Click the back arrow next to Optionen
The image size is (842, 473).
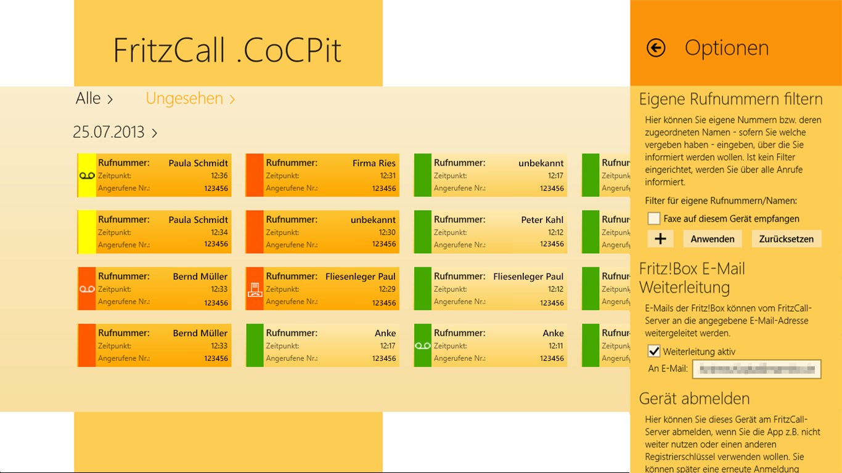(x=656, y=48)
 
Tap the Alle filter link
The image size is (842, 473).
(x=94, y=99)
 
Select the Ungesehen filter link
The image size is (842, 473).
(x=190, y=99)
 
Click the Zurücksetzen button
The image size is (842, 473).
(x=786, y=239)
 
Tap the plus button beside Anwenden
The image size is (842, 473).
(x=660, y=239)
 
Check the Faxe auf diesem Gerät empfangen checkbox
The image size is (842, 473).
(x=654, y=219)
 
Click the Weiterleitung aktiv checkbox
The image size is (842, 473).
(x=654, y=352)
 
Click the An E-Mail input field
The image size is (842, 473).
(x=757, y=369)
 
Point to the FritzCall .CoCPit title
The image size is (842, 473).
(x=227, y=50)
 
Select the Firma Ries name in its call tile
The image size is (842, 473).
(x=374, y=163)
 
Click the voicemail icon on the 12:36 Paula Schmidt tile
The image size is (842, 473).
(x=87, y=176)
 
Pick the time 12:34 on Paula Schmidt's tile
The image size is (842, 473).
(x=219, y=232)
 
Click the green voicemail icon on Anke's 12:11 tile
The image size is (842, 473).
(x=423, y=346)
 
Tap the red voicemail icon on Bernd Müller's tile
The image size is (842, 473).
(x=87, y=289)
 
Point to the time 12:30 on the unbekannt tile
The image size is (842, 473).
(x=387, y=232)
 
